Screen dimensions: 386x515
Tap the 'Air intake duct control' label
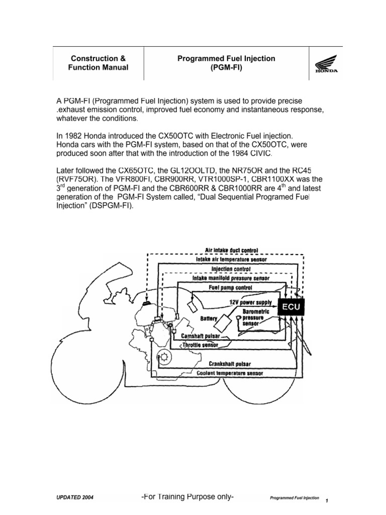232,249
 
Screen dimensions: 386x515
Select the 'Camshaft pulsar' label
201,336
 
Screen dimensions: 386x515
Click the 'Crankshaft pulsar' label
231,364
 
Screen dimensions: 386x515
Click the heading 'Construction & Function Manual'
99,63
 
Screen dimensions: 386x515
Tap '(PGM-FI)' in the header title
226,67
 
